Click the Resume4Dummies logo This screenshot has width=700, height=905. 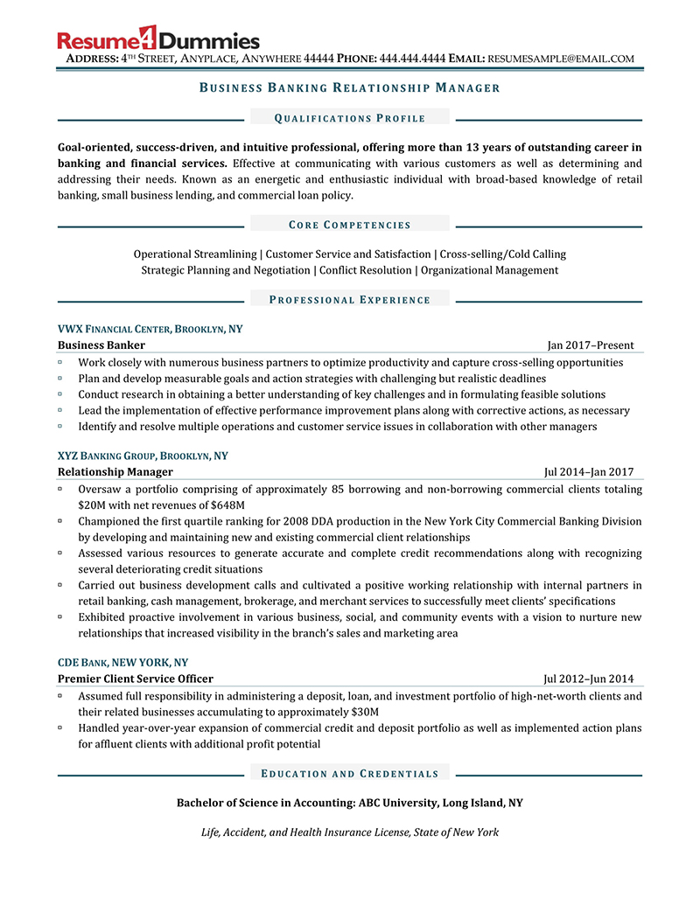coord(158,39)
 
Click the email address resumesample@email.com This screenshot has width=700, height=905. coord(560,59)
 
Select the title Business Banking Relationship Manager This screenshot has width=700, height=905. coord(350,87)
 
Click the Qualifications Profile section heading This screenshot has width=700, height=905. coord(350,118)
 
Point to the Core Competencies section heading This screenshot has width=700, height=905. coord(350,225)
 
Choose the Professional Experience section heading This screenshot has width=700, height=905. coord(350,300)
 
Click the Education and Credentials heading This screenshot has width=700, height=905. coord(350,774)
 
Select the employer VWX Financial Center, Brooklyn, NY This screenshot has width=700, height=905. coord(150,330)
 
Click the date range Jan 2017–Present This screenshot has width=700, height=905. coord(591,345)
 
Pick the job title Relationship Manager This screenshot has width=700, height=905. coord(115,472)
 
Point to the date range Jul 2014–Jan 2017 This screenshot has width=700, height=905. coord(589,472)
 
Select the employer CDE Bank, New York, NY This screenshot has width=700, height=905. coord(122,663)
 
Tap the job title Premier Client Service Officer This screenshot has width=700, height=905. coord(136,679)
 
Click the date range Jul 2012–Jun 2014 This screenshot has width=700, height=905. coord(589,679)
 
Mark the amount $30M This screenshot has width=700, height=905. coord(364,712)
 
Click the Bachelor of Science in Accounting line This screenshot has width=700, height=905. coord(350,803)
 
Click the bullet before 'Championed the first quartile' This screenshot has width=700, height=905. coord(60,521)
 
